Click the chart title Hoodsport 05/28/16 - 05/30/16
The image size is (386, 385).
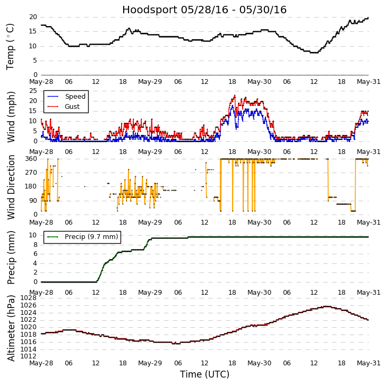[204, 10]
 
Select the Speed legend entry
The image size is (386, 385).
[75, 97]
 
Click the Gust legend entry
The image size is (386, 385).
[72, 107]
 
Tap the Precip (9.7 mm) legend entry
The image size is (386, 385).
[91, 237]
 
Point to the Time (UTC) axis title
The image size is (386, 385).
[204, 374]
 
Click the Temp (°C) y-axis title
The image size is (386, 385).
[11, 46]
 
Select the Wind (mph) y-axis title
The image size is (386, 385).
[11, 116]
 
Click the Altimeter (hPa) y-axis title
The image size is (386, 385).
[11, 328]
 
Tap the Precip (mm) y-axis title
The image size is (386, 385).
[11, 257]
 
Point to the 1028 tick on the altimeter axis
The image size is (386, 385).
[28, 298]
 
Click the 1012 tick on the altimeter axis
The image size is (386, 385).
[28, 356]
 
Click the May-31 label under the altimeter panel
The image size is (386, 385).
[368, 364]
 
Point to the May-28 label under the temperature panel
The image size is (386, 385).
[41, 82]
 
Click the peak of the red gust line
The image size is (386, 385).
[235, 96]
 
